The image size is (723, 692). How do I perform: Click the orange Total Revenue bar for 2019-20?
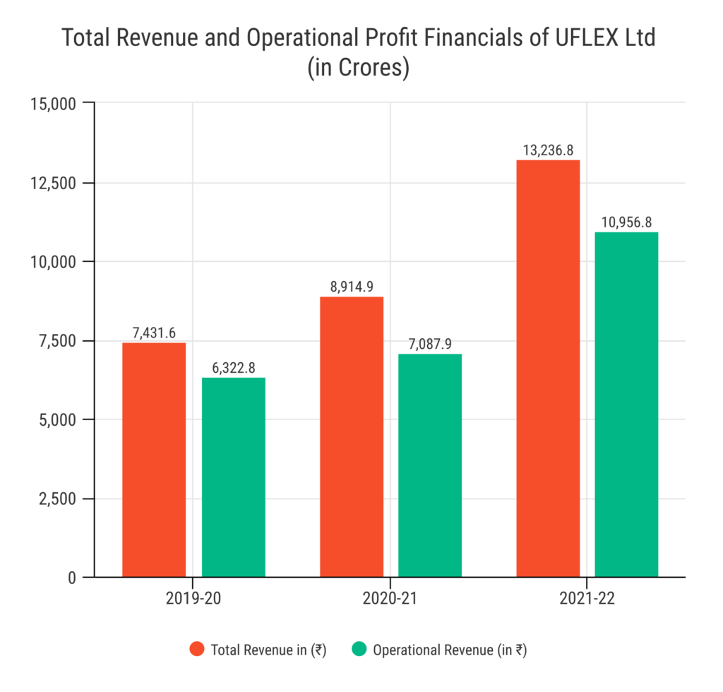(x=154, y=460)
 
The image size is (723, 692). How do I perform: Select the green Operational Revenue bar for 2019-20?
(x=234, y=477)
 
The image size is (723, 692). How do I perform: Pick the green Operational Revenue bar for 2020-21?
(x=430, y=465)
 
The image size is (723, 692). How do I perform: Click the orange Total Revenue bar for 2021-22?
(x=548, y=369)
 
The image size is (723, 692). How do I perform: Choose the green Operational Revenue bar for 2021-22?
(x=626, y=405)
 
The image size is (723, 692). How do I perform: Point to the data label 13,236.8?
(x=548, y=150)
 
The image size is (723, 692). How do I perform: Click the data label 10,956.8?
(x=626, y=222)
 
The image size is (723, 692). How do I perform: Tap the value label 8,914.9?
(x=352, y=287)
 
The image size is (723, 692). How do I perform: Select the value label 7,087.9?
(x=430, y=345)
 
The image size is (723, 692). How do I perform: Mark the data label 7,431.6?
(x=154, y=333)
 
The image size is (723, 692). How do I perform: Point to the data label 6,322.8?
(x=234, y=368)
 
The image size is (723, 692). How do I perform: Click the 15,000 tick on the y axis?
(x=54, y=104)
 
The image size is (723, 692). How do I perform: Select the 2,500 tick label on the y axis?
(x=58, y=499)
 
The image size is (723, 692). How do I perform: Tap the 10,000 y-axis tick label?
(x=54, y=262)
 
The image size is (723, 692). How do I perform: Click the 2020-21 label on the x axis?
(x=390, y=599)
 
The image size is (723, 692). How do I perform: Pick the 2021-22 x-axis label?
(x=587, y=599)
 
